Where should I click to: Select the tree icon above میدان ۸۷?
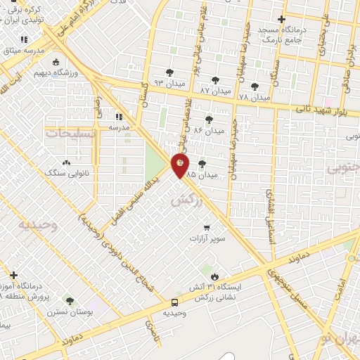[x=214, y=79]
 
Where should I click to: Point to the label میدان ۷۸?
[x=254, y=96]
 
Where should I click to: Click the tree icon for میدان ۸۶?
[x=208, y=120]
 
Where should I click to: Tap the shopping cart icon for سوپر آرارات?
[x=207, y=227]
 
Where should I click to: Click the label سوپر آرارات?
[x=207, y=239]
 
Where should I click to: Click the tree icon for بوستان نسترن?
[x=69, y=300]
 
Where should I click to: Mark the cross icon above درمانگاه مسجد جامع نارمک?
[x=281, y=19]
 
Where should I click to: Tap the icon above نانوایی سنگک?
[x=66, y=162]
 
